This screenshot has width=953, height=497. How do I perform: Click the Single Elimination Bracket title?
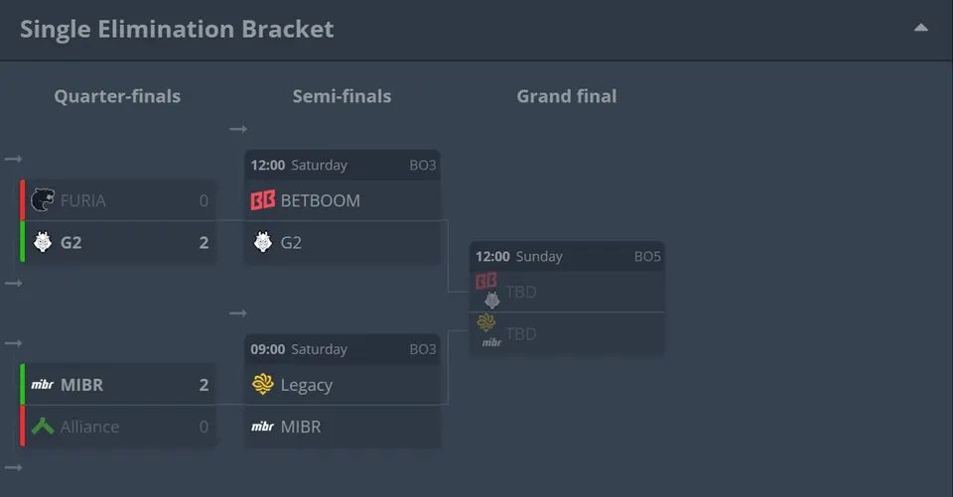(177, 29)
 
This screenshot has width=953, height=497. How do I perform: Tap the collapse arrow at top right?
(921, 28)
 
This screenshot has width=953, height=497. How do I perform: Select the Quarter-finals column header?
(117, 96)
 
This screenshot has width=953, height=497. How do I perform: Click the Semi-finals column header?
(341, 96)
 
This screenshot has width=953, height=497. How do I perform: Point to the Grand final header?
(567, 96)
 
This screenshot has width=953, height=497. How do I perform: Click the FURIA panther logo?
(42, 200)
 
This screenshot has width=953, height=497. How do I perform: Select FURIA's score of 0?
(204, 200)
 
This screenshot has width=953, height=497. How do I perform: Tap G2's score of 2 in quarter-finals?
(204, 242)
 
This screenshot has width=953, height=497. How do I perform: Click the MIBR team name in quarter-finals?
(82, 385)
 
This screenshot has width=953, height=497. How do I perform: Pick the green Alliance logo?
(43, 427)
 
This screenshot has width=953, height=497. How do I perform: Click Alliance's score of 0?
(204, 427)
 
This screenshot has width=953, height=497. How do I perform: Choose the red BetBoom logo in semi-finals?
(262, 200)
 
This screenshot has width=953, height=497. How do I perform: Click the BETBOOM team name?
(321, 200)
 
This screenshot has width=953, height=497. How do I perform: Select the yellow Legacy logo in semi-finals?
(262, 384)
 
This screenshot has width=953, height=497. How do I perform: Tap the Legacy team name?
(307, 385)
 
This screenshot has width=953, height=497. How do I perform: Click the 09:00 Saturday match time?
(299, 349)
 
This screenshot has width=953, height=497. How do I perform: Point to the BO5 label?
(647, 256)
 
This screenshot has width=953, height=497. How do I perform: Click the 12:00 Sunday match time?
(519, 256)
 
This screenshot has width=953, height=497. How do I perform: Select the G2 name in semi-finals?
(291, 242)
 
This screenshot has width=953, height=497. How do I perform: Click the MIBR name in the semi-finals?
(301, 427)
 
